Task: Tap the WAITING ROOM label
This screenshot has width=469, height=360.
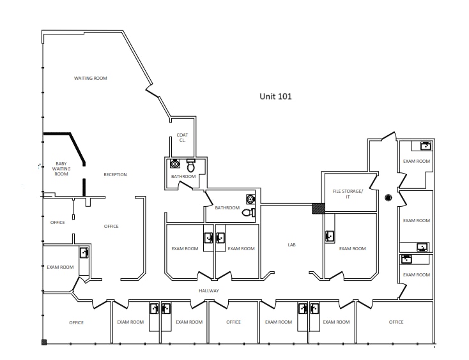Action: [x=91, y=78]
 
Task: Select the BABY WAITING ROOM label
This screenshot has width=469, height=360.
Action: [x=61, y=169]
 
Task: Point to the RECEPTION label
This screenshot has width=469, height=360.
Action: [x=115, y=174]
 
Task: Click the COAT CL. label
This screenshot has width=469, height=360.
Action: [x=182, y=137]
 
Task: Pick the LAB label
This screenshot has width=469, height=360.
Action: [x=291, y=244]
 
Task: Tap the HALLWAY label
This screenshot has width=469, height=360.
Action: [x=209, y=290]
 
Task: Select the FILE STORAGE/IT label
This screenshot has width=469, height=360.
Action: [x=348, y=193]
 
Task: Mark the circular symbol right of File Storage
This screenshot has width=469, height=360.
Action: [x=388, y=197]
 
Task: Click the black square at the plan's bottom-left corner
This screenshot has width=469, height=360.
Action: [x=44, y=343]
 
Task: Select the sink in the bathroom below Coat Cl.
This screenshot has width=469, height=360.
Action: [x=174, y=163]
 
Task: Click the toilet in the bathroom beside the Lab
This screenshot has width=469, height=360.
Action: [x=247, y=213]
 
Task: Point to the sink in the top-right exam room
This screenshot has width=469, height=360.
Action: [x=424, y=146]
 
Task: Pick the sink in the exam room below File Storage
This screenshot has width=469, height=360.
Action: [x=330, y=236]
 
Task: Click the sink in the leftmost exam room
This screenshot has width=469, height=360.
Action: [x=84, y=252]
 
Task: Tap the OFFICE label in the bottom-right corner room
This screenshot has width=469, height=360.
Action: [x=396, y=322]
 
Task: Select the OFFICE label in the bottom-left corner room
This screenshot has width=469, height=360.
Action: [x=77, y=322]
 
